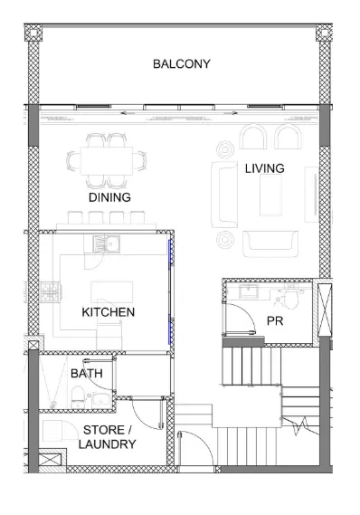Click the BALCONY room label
182,63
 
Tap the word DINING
109,197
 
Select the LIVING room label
264,168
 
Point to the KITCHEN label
108,312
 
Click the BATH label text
87,374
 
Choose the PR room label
275,321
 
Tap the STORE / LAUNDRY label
107,437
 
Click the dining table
107,161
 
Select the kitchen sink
107,244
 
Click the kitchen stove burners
52,292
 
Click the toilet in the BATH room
78,397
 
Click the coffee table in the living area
270,195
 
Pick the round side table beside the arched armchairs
225,149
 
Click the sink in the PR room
249,291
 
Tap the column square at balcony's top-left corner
34,33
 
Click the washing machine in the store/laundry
54,431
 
